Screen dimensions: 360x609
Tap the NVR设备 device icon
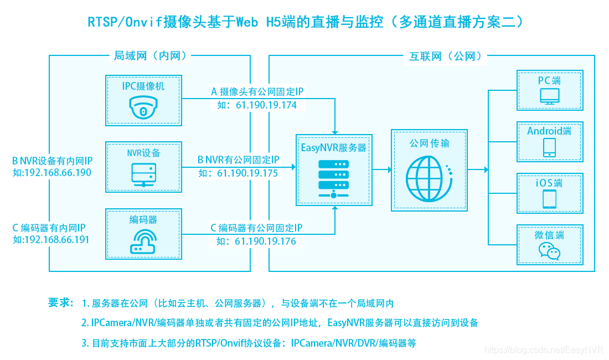[143, 174]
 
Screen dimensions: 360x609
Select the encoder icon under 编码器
[143, 241]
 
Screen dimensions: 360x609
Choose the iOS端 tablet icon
[550, 199]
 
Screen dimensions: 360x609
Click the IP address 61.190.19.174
[266, 105]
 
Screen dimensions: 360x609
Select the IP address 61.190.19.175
[247, 173]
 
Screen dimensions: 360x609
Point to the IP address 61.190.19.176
[265, 241]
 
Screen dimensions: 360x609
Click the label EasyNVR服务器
[334, 148]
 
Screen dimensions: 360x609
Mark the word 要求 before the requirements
[60, 302]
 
